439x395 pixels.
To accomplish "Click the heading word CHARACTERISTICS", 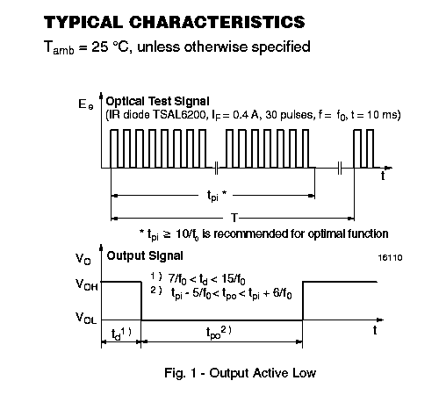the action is click(217, 22).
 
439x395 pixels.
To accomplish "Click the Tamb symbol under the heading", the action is click(59, 47).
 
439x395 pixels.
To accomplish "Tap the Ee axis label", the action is click(85, 104).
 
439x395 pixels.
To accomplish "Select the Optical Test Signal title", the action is click(157, 101).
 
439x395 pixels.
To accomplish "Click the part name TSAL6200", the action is click(180, 115).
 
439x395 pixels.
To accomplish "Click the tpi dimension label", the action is click(216, 195).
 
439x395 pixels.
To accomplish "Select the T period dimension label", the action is click(234, 218).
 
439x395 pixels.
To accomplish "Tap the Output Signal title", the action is click(145, 255).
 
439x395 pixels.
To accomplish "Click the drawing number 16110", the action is click(390, 258).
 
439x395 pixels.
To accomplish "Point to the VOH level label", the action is click(86, 284).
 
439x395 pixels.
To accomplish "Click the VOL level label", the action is click(86, 318).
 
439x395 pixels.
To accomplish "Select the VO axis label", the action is click(83, 259).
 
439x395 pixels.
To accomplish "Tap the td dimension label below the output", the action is click(121, 334).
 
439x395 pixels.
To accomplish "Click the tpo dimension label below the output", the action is click(219, 333).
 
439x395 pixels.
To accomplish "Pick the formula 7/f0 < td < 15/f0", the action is click(206, 279).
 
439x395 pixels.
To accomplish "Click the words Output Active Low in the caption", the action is click(263, 373).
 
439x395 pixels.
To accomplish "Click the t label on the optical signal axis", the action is click(383, 176).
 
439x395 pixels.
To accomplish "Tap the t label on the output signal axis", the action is click(375, 330).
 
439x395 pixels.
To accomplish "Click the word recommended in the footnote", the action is click(249, 233).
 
